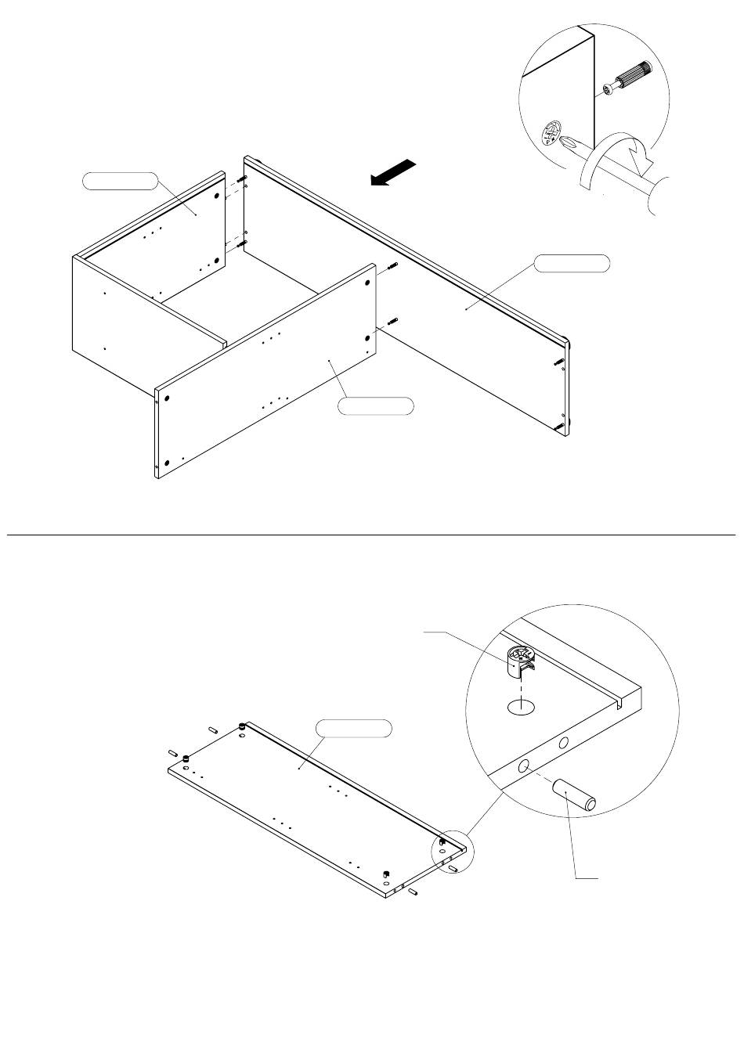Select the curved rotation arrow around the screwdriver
[619, 156]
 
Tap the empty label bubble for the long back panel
[572, 263]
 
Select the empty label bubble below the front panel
[375, 406]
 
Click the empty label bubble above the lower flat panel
[353, 729]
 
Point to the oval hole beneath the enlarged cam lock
[522, 708]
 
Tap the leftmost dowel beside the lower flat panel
[173, 752]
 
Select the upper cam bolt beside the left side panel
[242, 182]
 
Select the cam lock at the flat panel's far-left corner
[187, 758]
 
